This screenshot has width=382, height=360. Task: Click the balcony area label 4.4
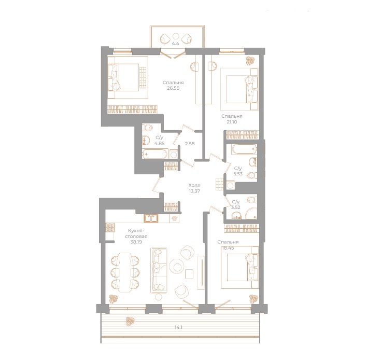(176, 44)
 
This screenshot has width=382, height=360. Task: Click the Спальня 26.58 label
(173, 85)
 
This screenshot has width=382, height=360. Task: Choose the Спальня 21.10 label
(232, 119)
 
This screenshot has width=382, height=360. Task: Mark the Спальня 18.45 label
(229, 245)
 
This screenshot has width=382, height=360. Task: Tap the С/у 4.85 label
(160, 141)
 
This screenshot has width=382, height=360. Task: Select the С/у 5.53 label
(237, 171)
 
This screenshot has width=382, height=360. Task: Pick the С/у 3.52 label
(236, 204)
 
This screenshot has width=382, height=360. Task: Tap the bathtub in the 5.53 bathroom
(244, 150)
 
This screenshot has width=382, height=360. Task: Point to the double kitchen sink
(150, 218)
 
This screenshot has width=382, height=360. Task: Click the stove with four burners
(109, 227)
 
